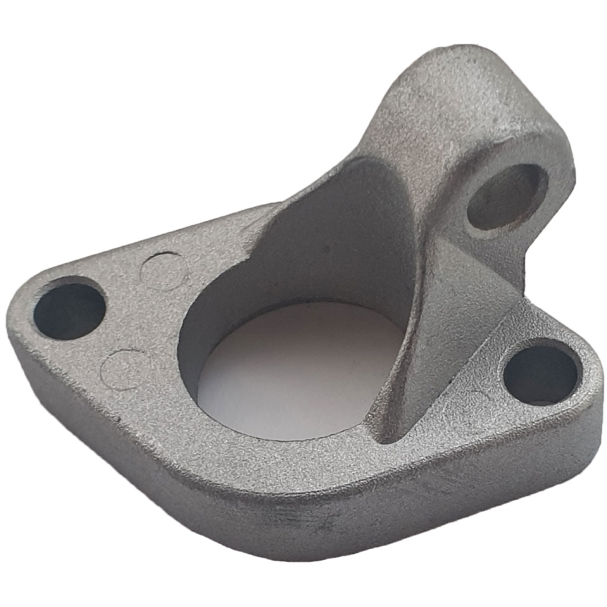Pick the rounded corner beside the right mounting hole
click(587, 379)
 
